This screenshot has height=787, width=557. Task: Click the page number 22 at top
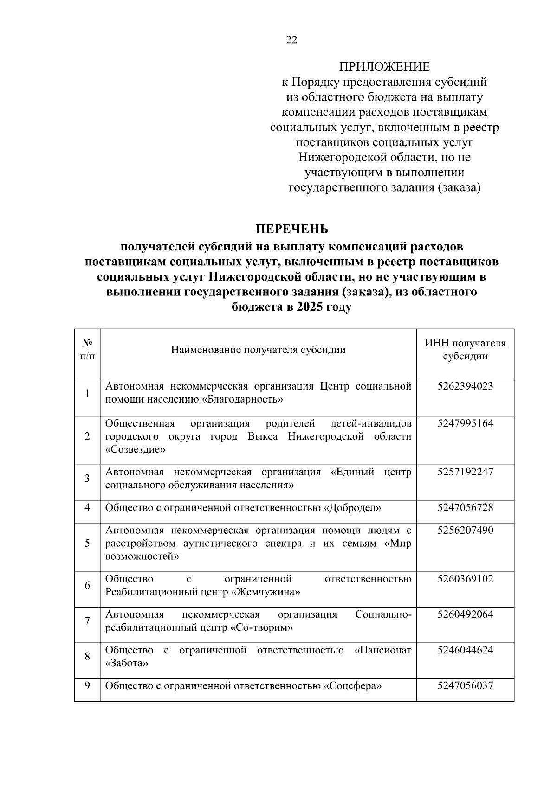(x=291, y=40)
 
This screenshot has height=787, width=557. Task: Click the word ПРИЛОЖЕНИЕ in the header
(x=384, y=67)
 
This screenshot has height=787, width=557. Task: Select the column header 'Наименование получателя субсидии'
(x=258, y=350)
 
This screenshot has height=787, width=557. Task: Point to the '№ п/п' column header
(x=87, y=350)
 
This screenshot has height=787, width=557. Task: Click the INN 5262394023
(x=465, y=386)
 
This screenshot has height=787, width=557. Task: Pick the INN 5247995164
(x=465, y=423)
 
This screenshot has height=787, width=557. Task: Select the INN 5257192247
(x=465, y=472)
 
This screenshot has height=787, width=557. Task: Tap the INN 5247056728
(x=465, y=507)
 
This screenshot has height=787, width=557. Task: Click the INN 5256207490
(x=465, y=530)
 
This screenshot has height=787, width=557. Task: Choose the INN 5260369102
(x=465, y=579)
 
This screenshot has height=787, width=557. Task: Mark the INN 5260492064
(x=465, y=614)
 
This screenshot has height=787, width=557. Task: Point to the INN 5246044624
(x=465, y=650)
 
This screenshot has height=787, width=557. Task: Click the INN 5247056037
(x=465, y=685)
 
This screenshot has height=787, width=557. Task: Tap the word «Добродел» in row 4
(x=352, y=508)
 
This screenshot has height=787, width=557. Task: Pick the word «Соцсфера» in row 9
(x=352, y=686)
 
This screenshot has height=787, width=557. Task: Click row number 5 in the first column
(x=87, y=543)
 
